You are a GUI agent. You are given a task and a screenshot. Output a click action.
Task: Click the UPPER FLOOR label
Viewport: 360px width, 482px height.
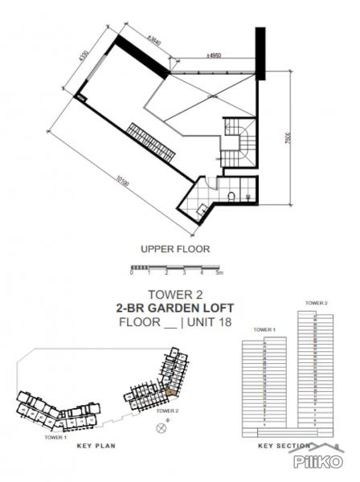pos(174,249)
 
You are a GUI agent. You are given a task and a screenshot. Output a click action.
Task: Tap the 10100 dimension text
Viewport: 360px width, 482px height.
pos(118,182)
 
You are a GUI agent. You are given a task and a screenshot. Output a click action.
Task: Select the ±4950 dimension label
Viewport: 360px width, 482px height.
pos(214,56)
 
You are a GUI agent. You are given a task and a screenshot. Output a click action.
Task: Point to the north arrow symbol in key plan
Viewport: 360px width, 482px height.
pos(162,427)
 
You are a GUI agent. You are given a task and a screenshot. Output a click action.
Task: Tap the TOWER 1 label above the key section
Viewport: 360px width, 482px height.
pos(264,330)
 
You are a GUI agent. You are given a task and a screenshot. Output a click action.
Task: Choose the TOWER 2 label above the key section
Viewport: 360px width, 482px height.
pos(316,303)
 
